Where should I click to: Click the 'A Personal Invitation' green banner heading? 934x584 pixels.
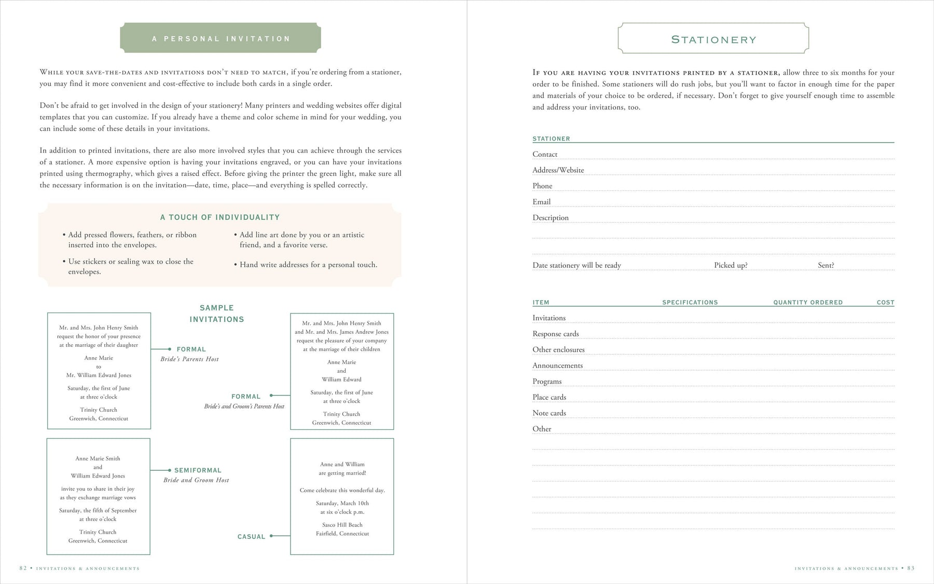[x=221, y=38]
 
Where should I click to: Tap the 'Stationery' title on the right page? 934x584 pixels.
[x=713, y=39]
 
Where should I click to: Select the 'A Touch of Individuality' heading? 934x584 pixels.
[x=219, y=217]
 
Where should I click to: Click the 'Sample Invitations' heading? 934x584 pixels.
[x=216, y=314]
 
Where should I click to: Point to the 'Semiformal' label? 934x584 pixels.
[x=198, y=470]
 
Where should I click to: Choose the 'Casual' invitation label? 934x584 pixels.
[x=251, y=537]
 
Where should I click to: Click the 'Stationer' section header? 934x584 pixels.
[x=551, y=139]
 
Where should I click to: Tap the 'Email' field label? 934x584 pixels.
[x=541, y=202]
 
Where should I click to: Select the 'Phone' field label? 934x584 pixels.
[x=542, y=186]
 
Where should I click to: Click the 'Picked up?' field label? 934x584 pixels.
[x=731, y=265]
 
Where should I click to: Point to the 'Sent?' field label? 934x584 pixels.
[x=826, y=265]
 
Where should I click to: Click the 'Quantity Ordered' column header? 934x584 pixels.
[x=808, y=302]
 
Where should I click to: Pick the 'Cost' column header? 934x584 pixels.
[x=885, y=302]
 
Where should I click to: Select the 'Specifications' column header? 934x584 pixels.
[x=690, y=302]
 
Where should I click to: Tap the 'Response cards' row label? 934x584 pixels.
[x=555, y=334]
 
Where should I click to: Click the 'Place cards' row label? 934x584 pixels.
[x=549, y=397]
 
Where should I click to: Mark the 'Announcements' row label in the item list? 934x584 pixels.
[x=557, y=365]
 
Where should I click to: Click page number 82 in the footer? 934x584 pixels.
[x=23, y=568]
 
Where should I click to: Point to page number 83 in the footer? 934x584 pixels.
[x=911, y=568]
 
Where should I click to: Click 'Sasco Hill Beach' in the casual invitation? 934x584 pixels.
[x=342, y=525]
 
